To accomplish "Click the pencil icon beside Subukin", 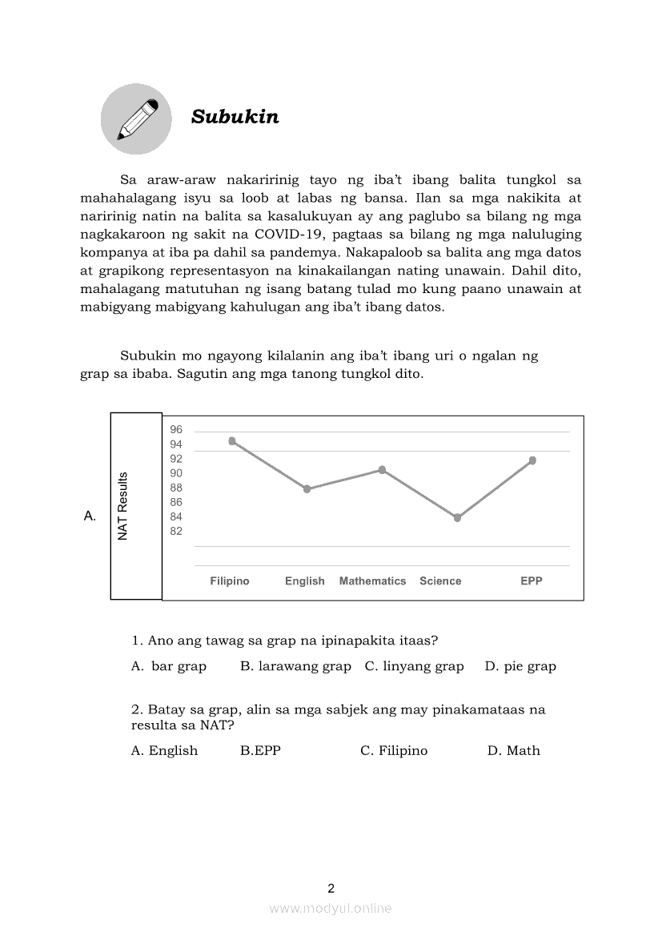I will tap(136, 119).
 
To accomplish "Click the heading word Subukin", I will tap(235, 117).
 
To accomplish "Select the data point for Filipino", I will tap(232, 441).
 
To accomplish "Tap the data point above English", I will tap(307, 488).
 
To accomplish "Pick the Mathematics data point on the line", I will tap(382, 470).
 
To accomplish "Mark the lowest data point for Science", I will tap(457, 518).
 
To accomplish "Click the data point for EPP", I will tap(532, 460).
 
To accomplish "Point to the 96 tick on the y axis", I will tap(176, 429).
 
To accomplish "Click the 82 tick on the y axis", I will tap(176, 532).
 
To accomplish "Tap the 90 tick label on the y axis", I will tap(176, 473).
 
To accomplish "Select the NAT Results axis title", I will tap(123, 506).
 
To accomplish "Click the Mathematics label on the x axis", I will tap(372, 581).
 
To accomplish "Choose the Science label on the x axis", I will tap(440, 581).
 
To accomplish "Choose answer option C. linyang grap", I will tap(414, 666).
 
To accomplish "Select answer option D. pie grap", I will tap(520, 666).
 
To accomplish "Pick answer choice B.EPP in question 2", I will tap(260, 751).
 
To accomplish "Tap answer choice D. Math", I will tap(514, 751).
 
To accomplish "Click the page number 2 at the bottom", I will tap(331, 888).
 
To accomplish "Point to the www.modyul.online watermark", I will tap(331, 909).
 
